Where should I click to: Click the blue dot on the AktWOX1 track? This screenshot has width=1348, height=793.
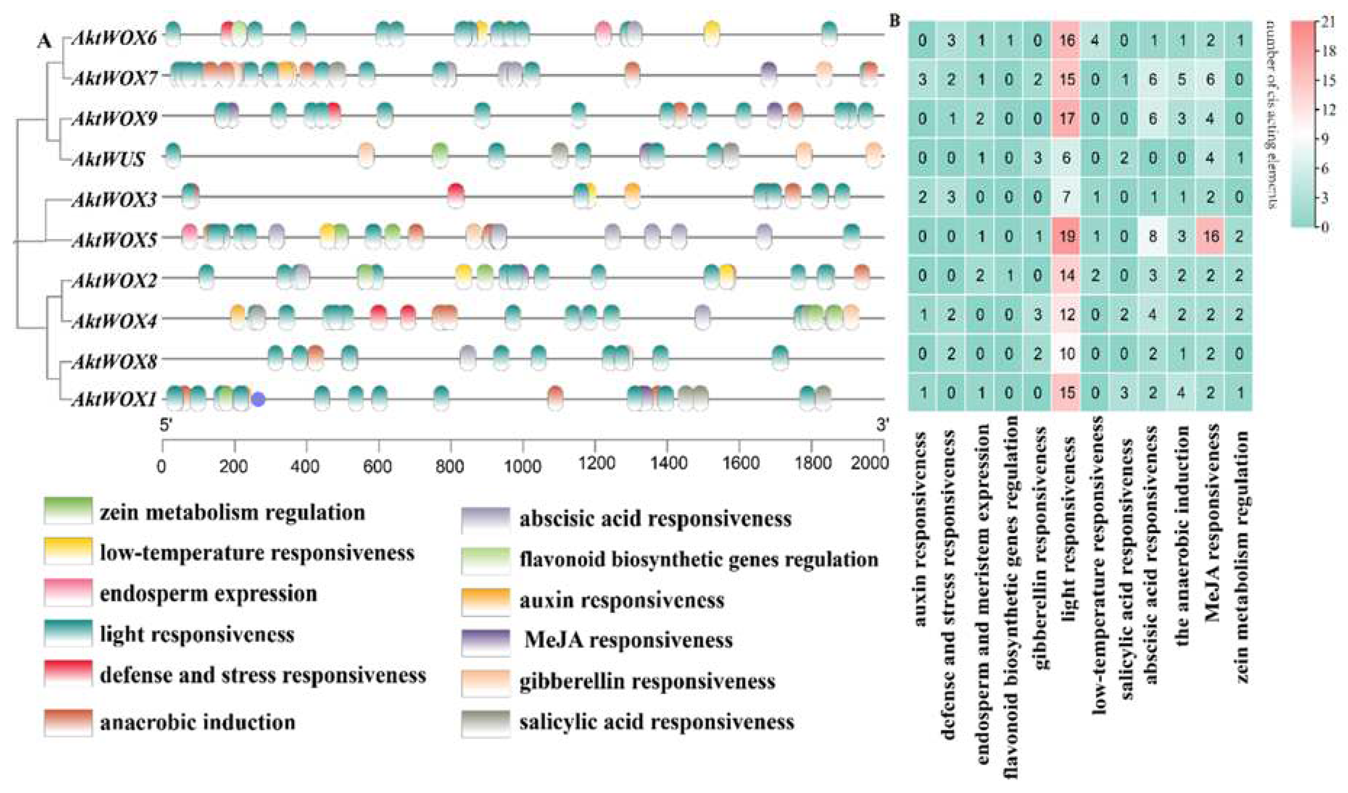[258, 399]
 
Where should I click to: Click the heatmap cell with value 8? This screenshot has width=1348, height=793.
[1153, 236]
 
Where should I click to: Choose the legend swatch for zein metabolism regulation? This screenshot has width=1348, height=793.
[68, 511]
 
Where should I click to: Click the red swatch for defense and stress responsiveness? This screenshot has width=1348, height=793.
[68, 673]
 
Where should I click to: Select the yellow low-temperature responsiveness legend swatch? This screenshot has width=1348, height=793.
[68, 551]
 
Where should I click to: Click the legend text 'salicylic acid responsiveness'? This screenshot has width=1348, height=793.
[656, 722]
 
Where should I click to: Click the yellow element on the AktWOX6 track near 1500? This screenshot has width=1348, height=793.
[712, 33]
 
